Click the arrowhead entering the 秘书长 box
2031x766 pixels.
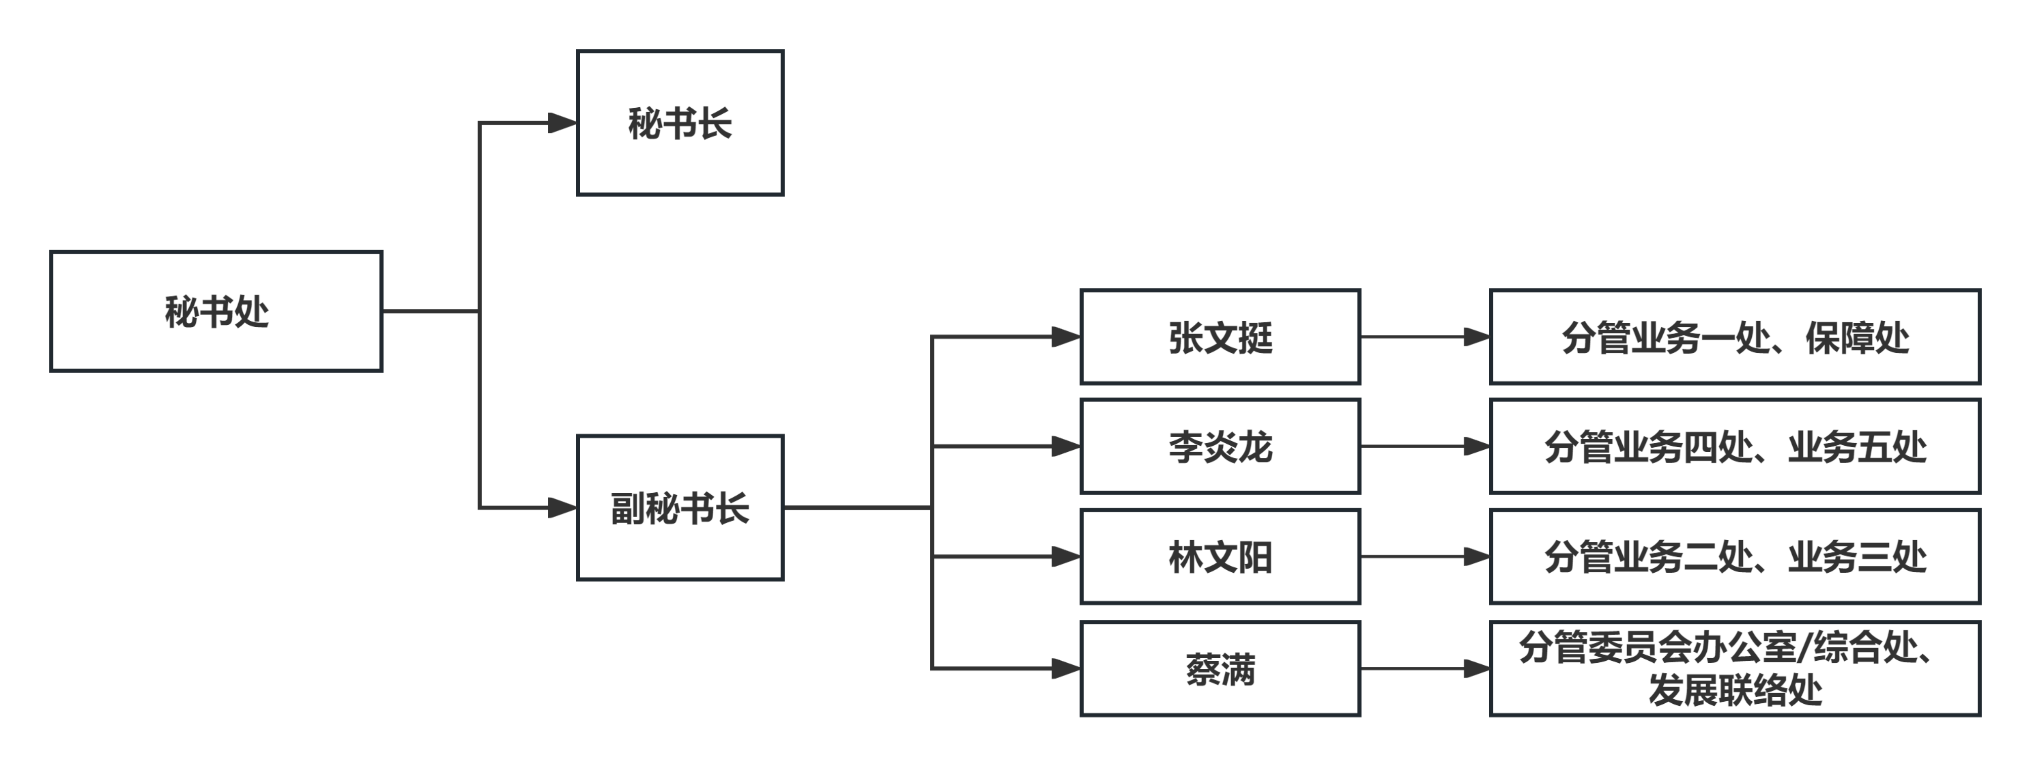(562, 123)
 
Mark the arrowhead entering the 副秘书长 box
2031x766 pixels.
(562, 507)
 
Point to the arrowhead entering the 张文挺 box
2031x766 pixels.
(1066, 337)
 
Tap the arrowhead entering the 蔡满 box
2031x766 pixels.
(1066, 669)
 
